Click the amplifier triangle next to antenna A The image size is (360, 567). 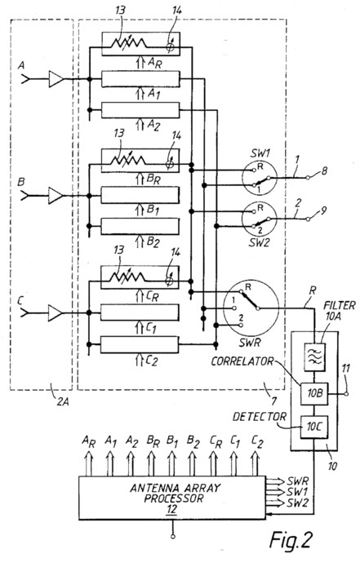(x=56, y=79)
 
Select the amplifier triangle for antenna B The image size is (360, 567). (x=56, y=196)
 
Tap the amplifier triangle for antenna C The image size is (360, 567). (x=55, y=312)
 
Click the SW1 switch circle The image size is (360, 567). (x=260, y=179)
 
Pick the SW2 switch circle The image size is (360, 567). (x=260, y=219)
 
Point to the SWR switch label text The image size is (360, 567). (x=250, y=343)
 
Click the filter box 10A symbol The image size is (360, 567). (x=314, y=357)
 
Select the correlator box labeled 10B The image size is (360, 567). (x=314, y=393)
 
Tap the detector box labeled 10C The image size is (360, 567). (x=314, y=427)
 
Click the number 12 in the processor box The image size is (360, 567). (x=171, y=510)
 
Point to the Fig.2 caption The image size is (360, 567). (x=291, y=540)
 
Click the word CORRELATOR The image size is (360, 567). (x=242, y=361)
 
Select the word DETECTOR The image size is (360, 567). (x=259, y=417)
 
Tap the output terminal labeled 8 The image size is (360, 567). (x=308, y=178)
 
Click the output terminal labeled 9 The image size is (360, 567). (x=308, y=219)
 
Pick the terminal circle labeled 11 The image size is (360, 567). (x=346, y=394)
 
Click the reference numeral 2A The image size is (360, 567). (x=63, y=401)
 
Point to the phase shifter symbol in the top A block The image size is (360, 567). (x=171, y=47)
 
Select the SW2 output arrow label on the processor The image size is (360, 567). (x=297, y=503)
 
